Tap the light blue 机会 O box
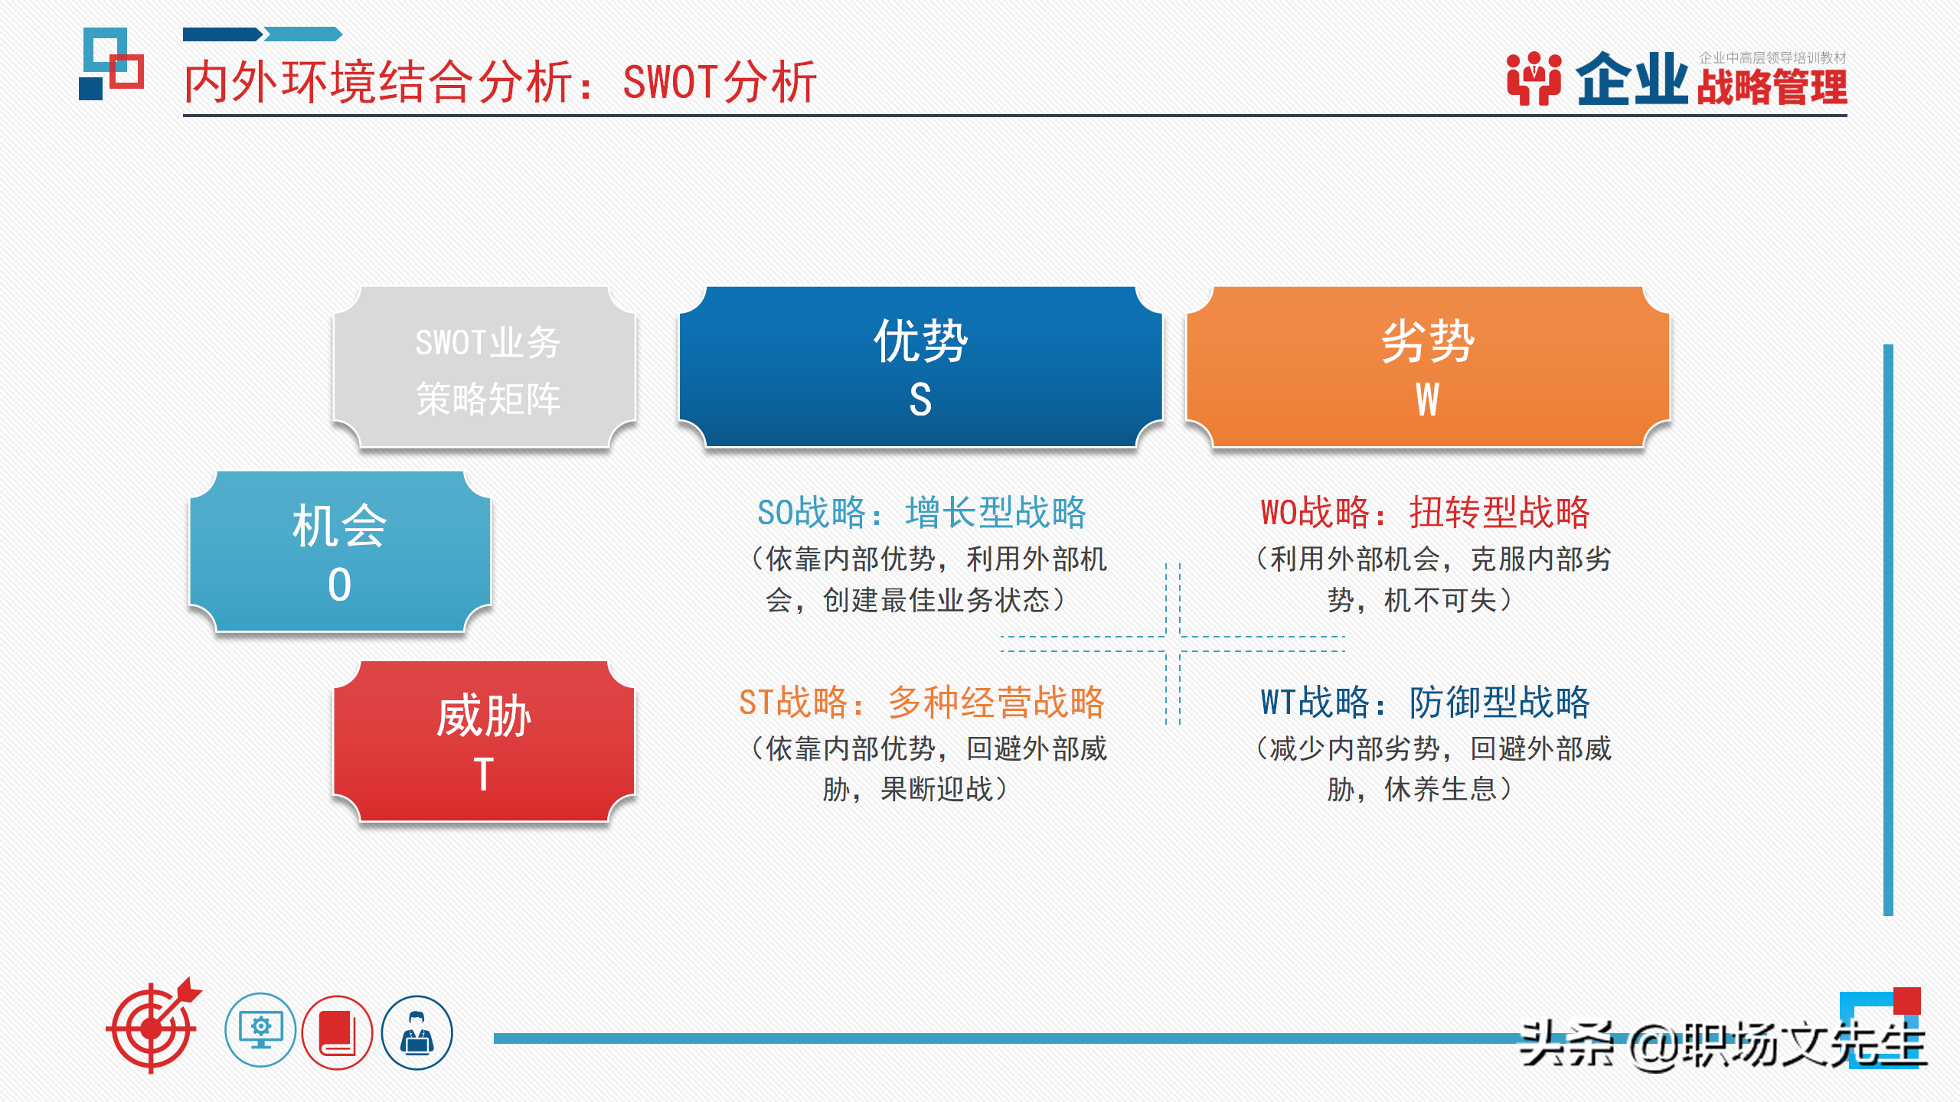(339, 551)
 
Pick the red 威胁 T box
(484, 741)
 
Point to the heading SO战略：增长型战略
(921, 512)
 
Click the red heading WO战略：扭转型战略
(1425, 512)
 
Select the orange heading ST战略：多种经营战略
(921, 702)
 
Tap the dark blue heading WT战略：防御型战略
(1425, 702)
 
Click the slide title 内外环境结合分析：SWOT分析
(500, 82)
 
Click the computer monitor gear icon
(260, 1031)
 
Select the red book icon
(337, 1032)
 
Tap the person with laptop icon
(417, 1032)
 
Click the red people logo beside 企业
(1534, 78)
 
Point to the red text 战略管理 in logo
(1772, 87)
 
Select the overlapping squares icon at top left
(112, 64)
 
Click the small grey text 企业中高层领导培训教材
(1772, 57)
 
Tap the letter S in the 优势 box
(920, 399)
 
